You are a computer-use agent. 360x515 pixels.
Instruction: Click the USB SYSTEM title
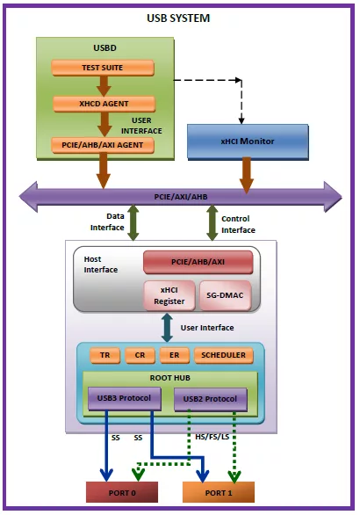coord(178,18)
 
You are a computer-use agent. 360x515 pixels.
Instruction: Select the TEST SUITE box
coord(103,68)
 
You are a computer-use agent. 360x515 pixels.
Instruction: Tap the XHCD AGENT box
coord(104,104)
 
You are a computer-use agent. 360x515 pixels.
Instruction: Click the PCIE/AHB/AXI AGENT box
coord(103,145)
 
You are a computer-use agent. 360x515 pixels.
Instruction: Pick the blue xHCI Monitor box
coord(248,141)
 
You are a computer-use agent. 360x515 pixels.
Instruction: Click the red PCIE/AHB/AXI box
coord(198,262)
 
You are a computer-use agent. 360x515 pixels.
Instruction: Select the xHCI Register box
coord(169,295)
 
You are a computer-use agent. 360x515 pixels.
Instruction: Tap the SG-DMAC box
coord(225,295)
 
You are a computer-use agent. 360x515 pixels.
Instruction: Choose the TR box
coord(105,355)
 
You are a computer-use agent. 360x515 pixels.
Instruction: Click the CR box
coord(140,355)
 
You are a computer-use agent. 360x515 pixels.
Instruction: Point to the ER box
coord(175,355)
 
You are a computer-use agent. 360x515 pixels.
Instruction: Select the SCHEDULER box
coord(224,355)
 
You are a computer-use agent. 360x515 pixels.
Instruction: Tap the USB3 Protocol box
coord(125,398)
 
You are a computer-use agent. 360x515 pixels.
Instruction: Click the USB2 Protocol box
coord(211,399)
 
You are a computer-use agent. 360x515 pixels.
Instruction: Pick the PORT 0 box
coord(122,493)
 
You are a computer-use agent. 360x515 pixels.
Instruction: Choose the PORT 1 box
coord(219,493)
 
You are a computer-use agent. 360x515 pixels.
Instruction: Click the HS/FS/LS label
coord(212,437)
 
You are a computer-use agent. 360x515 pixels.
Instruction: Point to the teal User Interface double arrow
coord(168,328)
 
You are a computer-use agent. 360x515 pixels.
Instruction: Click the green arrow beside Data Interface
coord(133,222)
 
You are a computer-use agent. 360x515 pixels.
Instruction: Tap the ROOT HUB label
coord(170,378)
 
